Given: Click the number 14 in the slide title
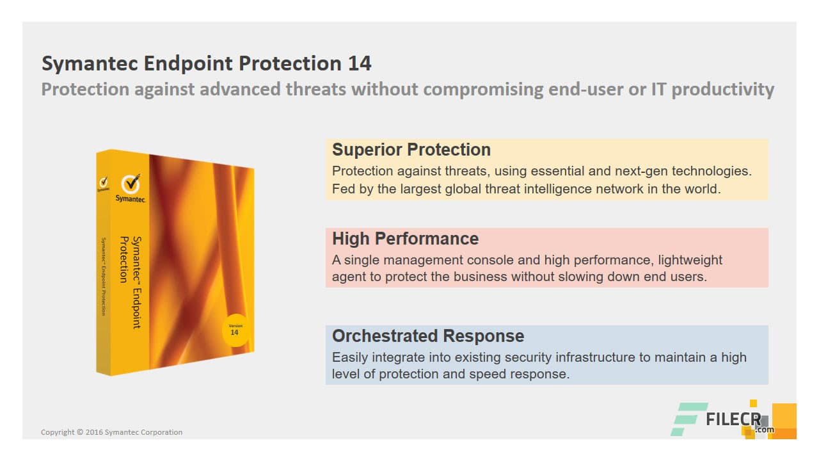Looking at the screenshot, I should point(360,63).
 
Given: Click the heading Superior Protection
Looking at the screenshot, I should point(411,150).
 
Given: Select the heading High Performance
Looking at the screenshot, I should point(405,239).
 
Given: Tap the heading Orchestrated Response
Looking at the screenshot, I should point(428,336).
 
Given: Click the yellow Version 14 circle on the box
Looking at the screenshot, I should point(234,330).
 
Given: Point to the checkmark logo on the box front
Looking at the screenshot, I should point(131,183).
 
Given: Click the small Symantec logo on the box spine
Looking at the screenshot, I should point(103,184).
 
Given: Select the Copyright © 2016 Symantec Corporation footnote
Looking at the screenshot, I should point(111,432).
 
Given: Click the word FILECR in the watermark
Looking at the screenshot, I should point(733,420).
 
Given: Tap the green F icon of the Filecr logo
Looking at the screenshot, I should point(688,419).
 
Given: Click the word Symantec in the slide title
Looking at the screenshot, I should point(90,63).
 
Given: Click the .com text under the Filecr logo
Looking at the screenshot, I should point(764,430).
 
